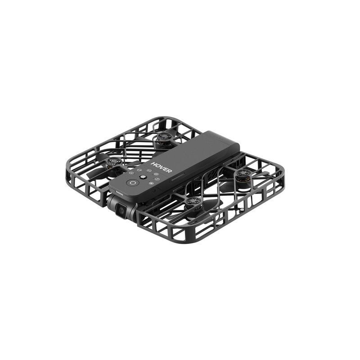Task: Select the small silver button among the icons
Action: [142, 178]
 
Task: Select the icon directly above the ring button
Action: [130, 174]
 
